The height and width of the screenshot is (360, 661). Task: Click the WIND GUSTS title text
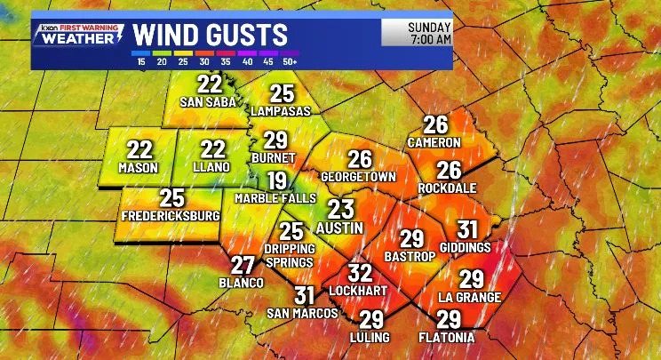(x=211, y=35)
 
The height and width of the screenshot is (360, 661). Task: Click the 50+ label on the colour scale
(x=289, y=61)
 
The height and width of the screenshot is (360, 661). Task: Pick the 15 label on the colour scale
(x=141, y=61)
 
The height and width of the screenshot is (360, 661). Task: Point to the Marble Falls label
(x=275, y=198)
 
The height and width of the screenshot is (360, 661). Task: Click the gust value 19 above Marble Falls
(x=277, y=181)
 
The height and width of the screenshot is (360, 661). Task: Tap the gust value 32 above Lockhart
(x=359, y=274)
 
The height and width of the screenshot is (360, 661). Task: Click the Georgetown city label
(x=358, y=176)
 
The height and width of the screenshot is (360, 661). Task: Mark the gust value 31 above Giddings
(x=467, y=229)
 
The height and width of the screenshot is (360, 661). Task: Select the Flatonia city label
(x=448, y=338)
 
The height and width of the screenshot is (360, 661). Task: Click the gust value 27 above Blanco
(x=243, y=265)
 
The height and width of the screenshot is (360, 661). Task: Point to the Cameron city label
(x=434, y=142)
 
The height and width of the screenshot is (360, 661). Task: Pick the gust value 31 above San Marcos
(x=305, y=296)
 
